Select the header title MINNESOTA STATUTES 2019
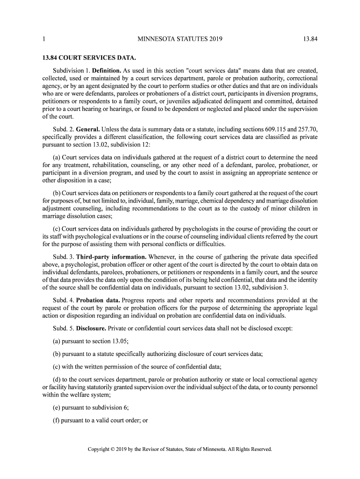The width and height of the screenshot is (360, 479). point(180,39)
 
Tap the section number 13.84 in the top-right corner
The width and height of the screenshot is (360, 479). point(310,39)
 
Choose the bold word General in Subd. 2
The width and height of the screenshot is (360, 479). point(87,129)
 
